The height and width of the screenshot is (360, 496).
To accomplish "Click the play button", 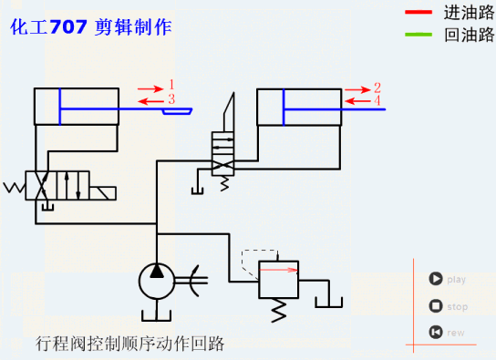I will pyautogui.click(x=436, y=280).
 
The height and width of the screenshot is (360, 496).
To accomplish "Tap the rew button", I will pyautogui.click(x=436, y=332).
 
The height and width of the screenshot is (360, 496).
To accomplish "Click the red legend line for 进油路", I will pyautogui.click(x=419, y=14).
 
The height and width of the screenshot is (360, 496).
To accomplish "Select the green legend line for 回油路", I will pyautogui.click(x=419, y=36).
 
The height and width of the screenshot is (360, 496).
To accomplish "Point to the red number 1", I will pyautogui.click(x=170, y=86).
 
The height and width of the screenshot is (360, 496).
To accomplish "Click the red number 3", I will pyautogui.click(x=170, y=98).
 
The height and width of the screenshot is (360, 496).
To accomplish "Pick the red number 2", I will pyautogui.click(x=377, y=88).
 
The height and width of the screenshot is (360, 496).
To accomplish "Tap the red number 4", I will pyautogui.click(x=377, y=101).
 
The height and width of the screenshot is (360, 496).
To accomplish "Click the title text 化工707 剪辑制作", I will pyautogui.click(x=90, y=27).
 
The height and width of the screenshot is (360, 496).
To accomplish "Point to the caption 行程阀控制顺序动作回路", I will pyautogui.click(x=129, y=344).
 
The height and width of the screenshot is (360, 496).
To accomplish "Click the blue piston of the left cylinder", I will pyautogui.click(x=60, y=107).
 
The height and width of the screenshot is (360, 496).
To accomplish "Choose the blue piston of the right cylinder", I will pyautogui.click(x=284, y=108).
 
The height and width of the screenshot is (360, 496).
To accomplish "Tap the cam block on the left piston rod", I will pyautogui.click(x=178, y=110).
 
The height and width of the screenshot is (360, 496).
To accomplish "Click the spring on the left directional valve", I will pyautogui.click(x=15, y=188).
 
